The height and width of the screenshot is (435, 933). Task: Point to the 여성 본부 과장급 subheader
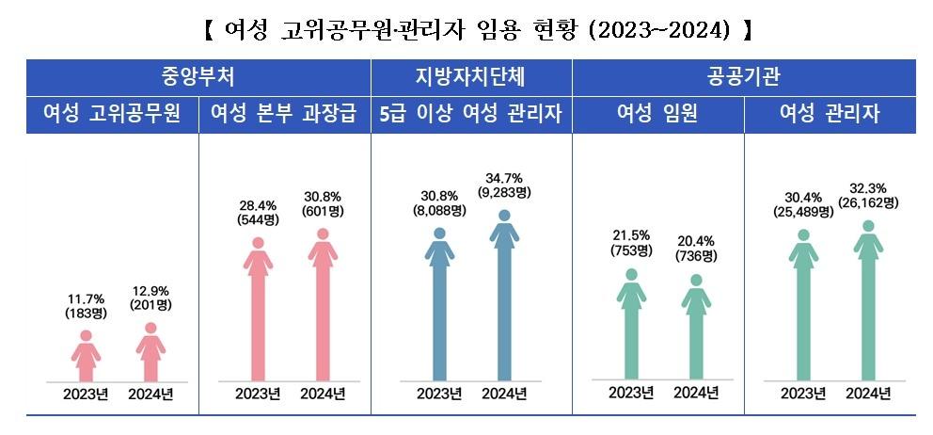(x=284, y=115)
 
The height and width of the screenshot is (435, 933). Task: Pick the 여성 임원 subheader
(x=656, y=115)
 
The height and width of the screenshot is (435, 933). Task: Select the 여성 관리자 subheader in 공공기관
(x=830, y=115)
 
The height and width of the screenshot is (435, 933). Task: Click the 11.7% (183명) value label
(x=86, y=305)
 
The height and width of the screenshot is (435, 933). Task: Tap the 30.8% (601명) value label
(x=323, y=204)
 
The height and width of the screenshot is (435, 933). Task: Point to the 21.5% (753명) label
(x=631, y=243)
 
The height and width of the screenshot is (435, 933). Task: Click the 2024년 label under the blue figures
(x=504, y=394)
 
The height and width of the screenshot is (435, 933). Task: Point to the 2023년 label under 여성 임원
(x=631, y=393)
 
